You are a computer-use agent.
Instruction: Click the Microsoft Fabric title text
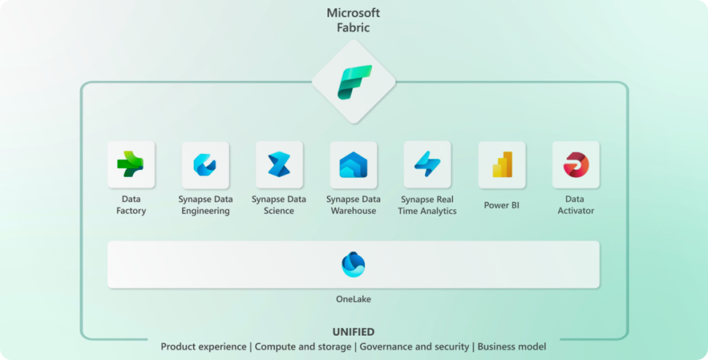[x=353, y=21]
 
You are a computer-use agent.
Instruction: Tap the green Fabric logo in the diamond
[x=354, y=82]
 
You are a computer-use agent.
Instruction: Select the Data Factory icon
[x=131, y=164]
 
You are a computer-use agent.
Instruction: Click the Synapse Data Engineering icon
[x=205, y=165]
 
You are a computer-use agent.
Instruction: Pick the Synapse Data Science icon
[x=279, y=164]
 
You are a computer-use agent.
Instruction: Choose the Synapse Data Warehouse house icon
[x=353, y=165]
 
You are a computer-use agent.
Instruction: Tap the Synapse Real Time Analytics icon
[x=427, y=164]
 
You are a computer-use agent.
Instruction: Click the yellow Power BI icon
[x=502, y=164]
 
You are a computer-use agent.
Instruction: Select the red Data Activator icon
[x=576, y=164]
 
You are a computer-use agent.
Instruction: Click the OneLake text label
[x=353, y=299]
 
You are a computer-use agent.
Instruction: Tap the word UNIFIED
[x=353, y=332]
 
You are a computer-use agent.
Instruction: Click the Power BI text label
[x=502, y=205]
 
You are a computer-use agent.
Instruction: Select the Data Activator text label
[x=576, y=205]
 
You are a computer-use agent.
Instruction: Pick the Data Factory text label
[x=131, y=205]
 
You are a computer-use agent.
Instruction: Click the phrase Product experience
[x=203, y=346]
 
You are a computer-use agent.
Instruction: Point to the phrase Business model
[x=512, y=346]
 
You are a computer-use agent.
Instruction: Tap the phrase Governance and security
[x=414, y=346]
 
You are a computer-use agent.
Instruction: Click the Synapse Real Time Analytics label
[x=427, y=205]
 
